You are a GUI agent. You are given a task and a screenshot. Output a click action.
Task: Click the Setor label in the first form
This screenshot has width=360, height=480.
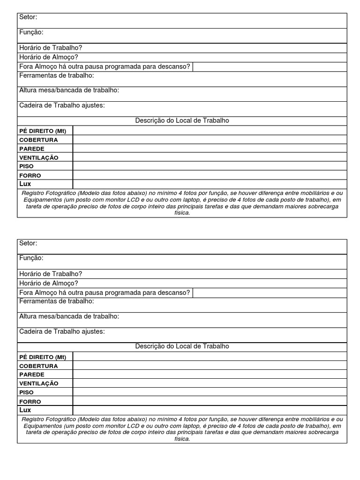point(28,17)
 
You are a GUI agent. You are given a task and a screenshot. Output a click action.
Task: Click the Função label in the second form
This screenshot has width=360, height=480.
point(31,258)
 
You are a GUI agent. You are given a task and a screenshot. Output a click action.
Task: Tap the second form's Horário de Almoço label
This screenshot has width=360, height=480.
point(49,283)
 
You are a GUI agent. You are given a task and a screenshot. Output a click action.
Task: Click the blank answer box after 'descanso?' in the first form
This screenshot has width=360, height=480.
point(270,67)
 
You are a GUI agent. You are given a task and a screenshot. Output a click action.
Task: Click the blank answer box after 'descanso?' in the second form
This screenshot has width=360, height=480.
point(270,293)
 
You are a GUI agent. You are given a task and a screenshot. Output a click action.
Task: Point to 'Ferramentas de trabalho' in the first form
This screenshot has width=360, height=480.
point(57,75)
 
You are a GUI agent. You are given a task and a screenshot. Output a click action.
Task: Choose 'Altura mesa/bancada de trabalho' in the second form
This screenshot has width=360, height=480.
point(69,316)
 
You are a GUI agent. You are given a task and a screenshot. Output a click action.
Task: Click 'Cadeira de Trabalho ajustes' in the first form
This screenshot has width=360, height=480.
point(62,105)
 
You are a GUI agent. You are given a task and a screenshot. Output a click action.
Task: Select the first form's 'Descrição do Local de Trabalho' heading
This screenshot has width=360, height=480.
point(182,120)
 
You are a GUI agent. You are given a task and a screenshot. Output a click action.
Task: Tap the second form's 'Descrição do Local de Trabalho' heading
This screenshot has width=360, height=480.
point(182,346)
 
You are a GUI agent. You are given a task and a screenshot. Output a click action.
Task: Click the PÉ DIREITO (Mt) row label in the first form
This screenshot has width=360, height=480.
point(43,131)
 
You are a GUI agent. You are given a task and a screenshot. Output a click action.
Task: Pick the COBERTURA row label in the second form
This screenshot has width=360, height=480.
point(38,366)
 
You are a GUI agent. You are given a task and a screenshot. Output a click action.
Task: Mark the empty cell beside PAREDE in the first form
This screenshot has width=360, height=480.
point(210,149)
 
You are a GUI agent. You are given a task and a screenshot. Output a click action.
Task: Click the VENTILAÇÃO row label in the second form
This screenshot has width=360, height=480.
point(39,383)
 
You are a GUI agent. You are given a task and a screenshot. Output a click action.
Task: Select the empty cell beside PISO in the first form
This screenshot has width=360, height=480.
point(210,166)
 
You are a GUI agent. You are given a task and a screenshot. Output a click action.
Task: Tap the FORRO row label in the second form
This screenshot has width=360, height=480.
point(30,402)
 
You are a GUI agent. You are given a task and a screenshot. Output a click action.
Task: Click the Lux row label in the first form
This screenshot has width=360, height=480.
point(25,184)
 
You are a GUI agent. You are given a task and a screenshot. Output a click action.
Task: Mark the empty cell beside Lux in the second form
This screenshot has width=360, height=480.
point(210,410)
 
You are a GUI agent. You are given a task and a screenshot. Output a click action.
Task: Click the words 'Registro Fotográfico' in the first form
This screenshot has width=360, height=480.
point(49,193)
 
